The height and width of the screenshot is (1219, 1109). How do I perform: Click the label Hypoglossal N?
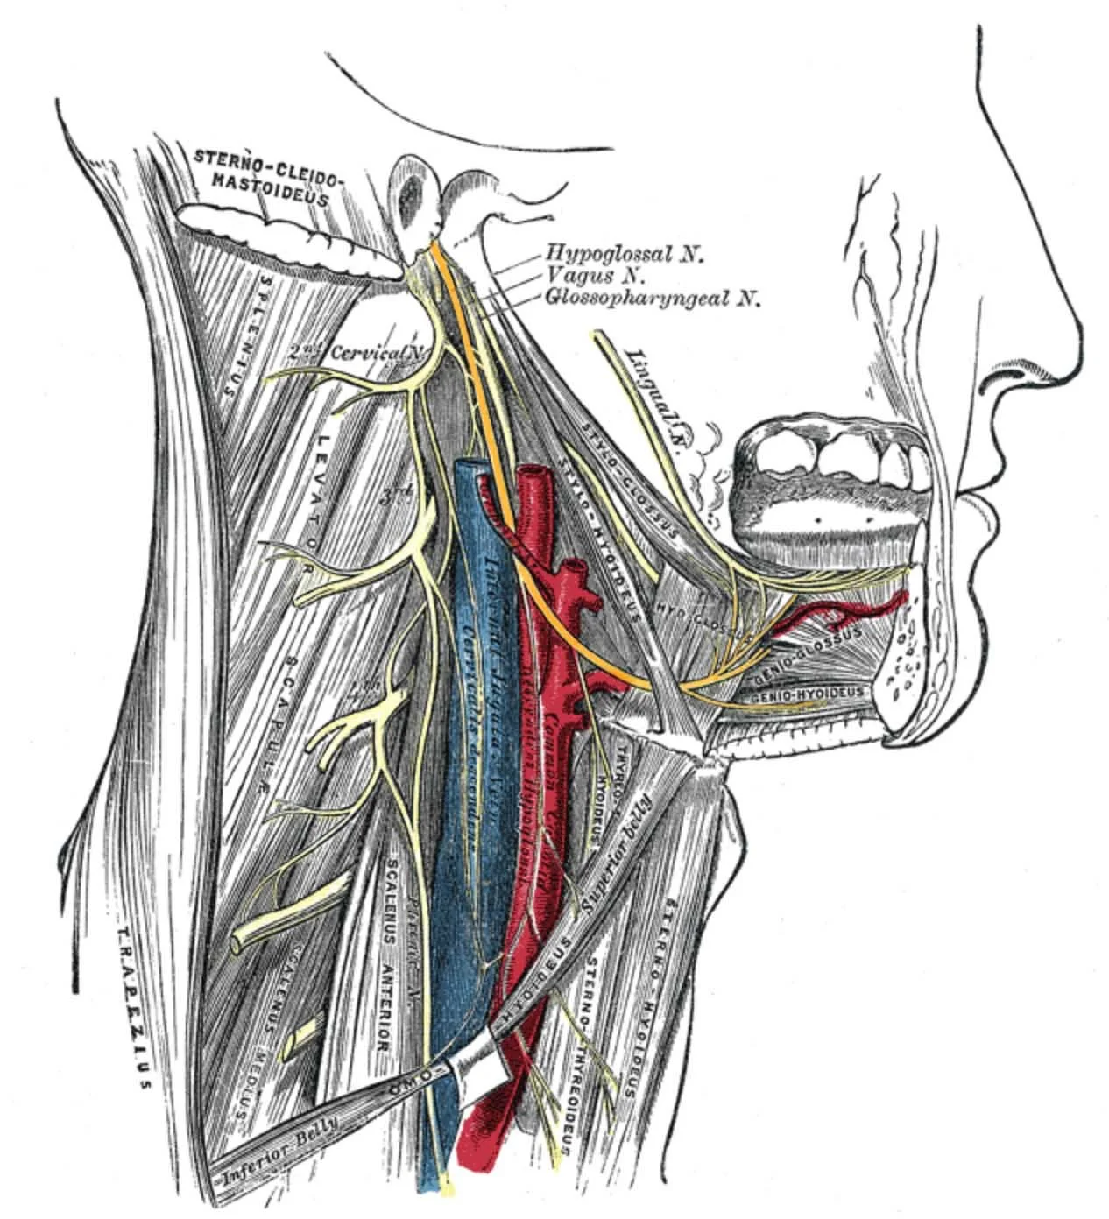[x=625, y=254]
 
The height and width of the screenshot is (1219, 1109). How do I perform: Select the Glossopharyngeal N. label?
[x=653, y=299]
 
